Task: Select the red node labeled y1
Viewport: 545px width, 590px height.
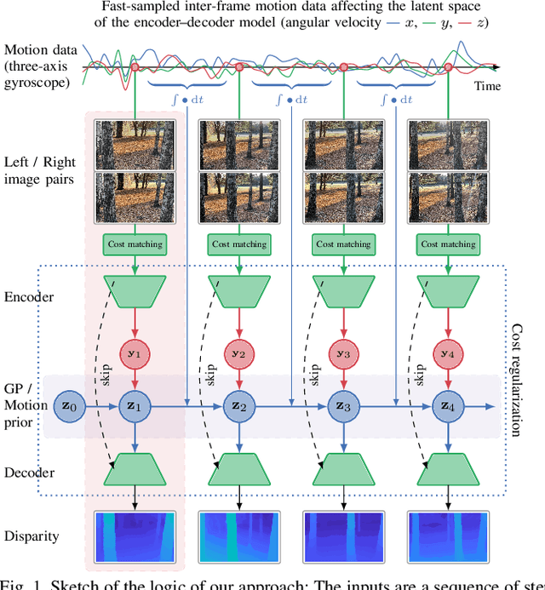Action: (x=135, y=353)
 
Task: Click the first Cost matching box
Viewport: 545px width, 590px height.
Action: (x=135, y=244)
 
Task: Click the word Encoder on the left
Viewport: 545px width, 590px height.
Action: (x=30, y=297)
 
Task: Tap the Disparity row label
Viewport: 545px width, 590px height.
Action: (x=33, y=536)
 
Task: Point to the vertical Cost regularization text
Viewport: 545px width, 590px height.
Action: (x=516, y=379)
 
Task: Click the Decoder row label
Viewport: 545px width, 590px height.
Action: (x=31, y=473)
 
